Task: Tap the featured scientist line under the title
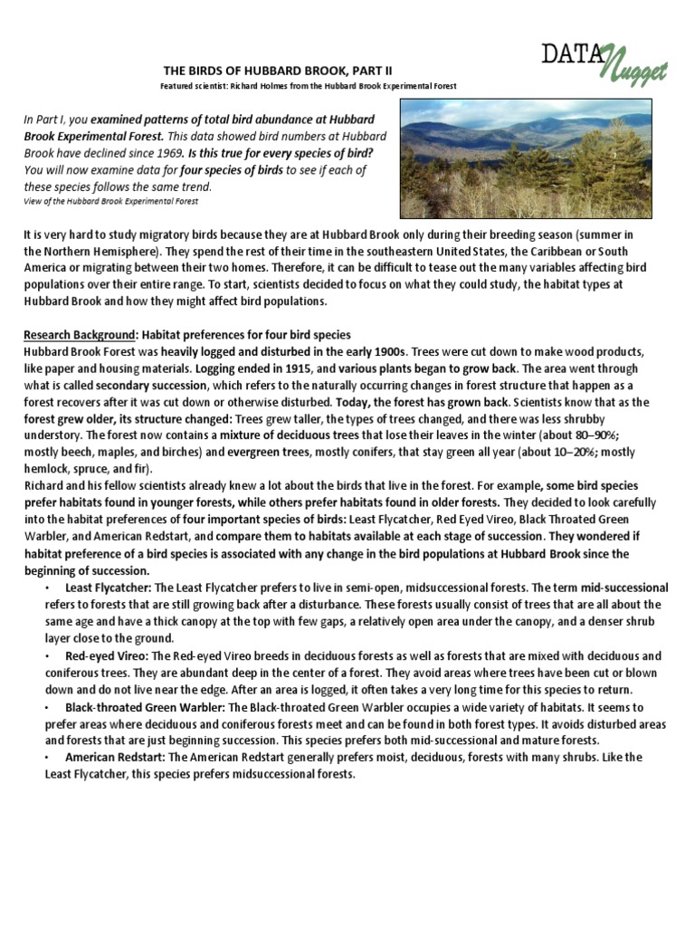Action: point(309,86)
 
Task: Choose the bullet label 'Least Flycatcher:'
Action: point(108,588)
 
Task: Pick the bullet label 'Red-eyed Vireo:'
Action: point(103,655)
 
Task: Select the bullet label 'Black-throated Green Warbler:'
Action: point(144,706)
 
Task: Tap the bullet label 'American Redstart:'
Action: point(116,758)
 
